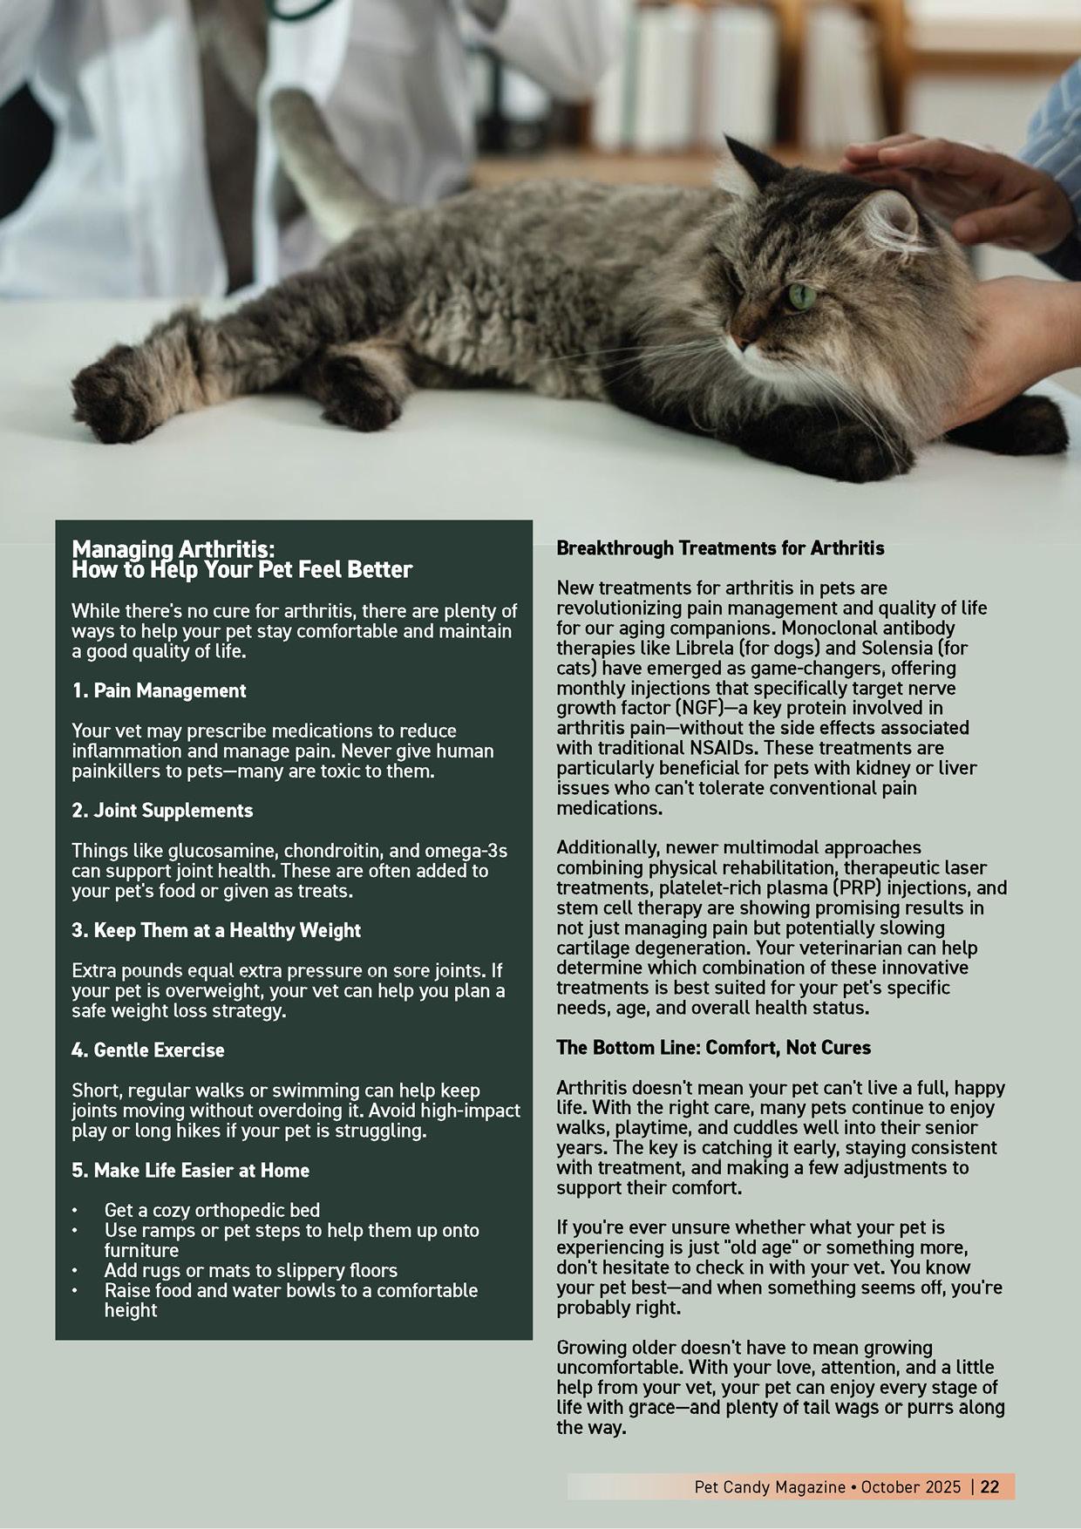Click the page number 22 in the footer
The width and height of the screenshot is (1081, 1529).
pos(989,1486)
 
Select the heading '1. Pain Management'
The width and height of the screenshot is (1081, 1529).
pos(159,690)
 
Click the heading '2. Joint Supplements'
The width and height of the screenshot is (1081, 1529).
pos(162,810)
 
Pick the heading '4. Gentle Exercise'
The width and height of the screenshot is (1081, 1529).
pos(147,1050)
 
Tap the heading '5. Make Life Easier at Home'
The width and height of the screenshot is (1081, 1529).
pos(190,1170)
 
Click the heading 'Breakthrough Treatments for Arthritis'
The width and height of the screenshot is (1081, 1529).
pos(720,548)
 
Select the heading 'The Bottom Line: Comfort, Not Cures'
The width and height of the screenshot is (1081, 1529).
pos(713,1047)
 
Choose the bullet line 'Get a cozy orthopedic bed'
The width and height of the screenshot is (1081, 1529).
pos(212,1210)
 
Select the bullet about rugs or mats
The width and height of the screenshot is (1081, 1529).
pos(250,1270)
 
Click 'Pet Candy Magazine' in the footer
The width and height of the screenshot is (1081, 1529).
pos(770,1486)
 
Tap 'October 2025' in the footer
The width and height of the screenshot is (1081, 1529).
pos(911,1486)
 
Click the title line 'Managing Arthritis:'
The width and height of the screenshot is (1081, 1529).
pos(173,549)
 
